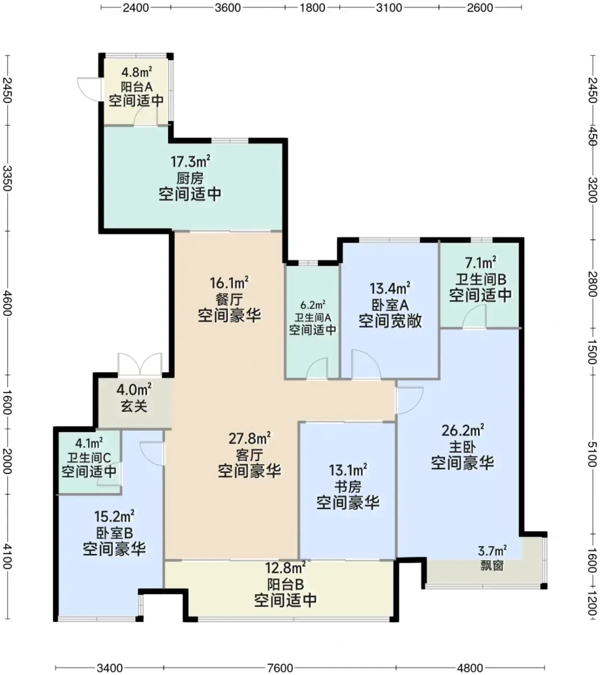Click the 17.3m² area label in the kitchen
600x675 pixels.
coord(190,162)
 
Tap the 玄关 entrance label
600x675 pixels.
coord(134,406)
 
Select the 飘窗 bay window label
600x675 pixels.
coord(492,566)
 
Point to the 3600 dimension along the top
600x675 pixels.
coord(228,7)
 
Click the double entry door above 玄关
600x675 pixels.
coord(140,364)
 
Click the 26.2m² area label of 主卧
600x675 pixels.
coord(463,431)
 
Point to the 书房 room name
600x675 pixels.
coord(348,487)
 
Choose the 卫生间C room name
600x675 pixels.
coord(89,458)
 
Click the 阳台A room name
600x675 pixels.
coord(136,87)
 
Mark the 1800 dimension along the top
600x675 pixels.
coord(313,7)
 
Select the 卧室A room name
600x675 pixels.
coord(390,305)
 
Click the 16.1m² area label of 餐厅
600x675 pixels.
coord(229,283)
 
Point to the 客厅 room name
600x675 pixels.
coord(249,455)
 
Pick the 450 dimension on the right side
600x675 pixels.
coord(592,136)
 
